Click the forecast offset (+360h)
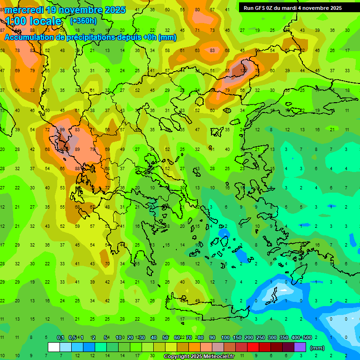pyautogui.click(x=84, y=21)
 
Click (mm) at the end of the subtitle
pyautogui.click(x=167, y=37)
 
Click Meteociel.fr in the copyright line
pyautogui.click(x=212, y=357)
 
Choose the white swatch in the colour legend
pyautogui.click(x=54, y=347)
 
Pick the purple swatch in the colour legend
pyautogui.click(x=300, y=347)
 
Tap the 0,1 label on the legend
pyautogui.click(x=60, y=338)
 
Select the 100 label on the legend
pyautogui.click(x=225, y=338)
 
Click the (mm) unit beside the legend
pyautogui.click(x=317, y=348)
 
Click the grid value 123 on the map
pyautogui.click(x=243, y=70)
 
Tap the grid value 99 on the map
pyautogui.click(x=62, y=130)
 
